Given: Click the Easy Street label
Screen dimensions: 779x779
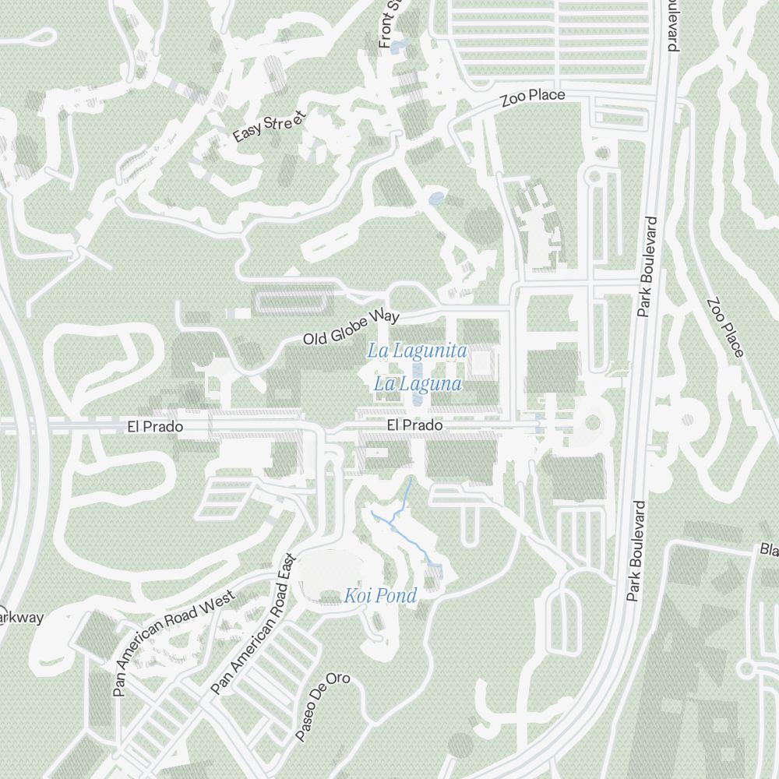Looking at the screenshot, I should pyautogui.click(x=270, y=126).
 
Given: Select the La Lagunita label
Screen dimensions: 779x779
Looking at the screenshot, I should pyautogui.click(x=418, y=351).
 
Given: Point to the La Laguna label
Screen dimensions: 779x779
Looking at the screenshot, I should pyautogui.click(x=418, y=384).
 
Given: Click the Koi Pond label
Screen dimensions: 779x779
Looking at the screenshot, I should pyautogui.click(x=381, y=597).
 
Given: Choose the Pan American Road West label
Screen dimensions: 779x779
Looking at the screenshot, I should pyautogui.click(x=173, y=642).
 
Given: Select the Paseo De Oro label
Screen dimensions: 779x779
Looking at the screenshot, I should pyautogui.click(x=322, y=705).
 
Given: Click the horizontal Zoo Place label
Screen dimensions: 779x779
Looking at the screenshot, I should pyautogui.click(x=532, y=97).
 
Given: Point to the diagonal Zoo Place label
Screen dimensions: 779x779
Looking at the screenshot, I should pyautogui.click(x=725, y=327).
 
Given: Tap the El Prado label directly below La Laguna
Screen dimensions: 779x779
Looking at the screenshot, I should pyautogui.click(x=415, y=425).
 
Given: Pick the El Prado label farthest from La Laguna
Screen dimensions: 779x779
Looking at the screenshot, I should pyautogui.click(x=155, y=427).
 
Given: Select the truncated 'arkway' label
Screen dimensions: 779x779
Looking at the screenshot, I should pyautogui.click(x=21, y=618).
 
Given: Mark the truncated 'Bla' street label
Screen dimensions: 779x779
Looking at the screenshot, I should pyautogui.click(x=769, y=550).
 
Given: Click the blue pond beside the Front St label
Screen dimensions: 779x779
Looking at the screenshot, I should pyautogui.click(x=398, y=48).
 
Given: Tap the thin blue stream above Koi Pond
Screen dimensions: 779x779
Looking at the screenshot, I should pyautogui.click(x=406, y=499).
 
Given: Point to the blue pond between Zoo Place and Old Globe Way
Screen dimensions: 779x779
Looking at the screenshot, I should pyautogui.click(x=436, y=198).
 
